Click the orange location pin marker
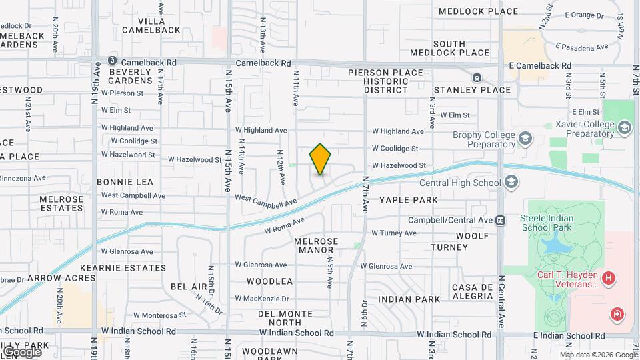coord(320,159)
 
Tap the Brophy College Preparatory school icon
coord(525,137)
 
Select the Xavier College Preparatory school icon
coord(625,127)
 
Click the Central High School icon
coord(511,182)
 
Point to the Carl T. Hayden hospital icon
coord(608,278)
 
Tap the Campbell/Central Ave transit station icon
coord(500,219)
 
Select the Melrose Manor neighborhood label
coord(317,246)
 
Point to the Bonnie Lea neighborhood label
coord(125,181)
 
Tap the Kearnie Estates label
coord(133,268)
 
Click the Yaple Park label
coord(409,199)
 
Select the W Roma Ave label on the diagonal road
coord(284,225)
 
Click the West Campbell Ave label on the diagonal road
coord(266,201)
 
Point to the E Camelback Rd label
coord(540,66)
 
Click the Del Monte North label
coord(285,318)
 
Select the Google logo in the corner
coord(21,351)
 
